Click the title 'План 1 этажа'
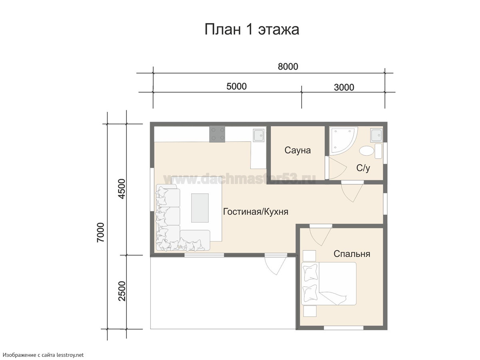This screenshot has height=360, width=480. (252, 30)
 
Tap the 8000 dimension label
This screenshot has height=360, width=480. (288, 67)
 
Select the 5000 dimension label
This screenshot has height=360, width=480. (236, 86)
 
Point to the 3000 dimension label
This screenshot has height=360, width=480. (344, 88)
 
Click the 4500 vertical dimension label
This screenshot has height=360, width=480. (122, 189)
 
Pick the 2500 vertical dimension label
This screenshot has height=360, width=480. (122, 291)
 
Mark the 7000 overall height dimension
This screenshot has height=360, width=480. (100, 232)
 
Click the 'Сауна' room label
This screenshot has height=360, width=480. (298, 150)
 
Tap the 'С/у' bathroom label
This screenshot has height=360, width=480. (363, 168)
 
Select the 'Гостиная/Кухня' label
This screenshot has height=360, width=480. (256, 212)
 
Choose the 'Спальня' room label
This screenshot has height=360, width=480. (352, 254)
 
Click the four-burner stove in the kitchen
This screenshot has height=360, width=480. (217, 134)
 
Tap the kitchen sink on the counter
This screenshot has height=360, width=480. (259, 135)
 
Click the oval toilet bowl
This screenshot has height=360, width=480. (367, 151)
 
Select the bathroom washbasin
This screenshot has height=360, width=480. (376, 135)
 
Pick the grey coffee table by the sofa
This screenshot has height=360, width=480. (200, 208)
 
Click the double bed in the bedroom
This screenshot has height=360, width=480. (329, 284)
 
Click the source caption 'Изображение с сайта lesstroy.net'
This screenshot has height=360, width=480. (44, 355)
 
